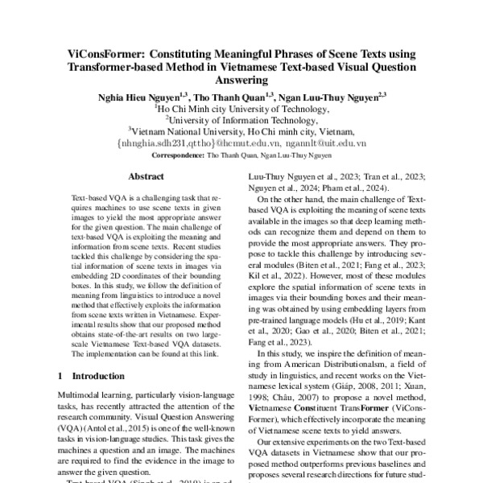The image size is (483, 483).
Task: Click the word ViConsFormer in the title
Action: (x=103, y=55)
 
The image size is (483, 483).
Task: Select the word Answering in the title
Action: (x=241, y=80)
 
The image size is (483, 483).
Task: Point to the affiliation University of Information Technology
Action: (x=242, y=118)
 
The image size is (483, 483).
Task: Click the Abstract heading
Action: (x=147, y=175)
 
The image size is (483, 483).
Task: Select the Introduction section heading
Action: (x=102, y=376)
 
